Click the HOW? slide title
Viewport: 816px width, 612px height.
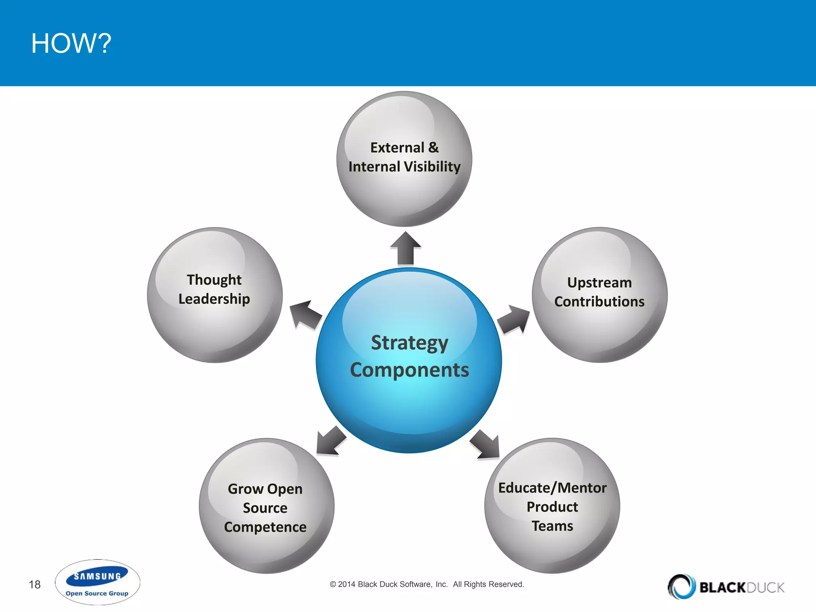pos(71,43)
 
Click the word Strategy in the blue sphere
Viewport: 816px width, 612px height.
pos(409,343)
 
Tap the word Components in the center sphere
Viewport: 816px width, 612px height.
pos(409,370)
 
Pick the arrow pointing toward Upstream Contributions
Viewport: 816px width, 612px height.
pos(514,320)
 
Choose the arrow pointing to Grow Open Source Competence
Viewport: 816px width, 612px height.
pos(330,441)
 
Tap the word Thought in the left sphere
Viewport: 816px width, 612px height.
pos(214,280)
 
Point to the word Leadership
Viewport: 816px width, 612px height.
pos(214,299)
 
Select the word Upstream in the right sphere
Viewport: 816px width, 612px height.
pos(599,282)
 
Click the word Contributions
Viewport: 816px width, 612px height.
pos(599,302)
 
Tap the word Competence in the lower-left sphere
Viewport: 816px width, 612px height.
pos(265,527)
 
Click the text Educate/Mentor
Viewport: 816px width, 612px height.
pos(552,488)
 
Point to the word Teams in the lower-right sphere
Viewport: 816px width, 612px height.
pos(552,526)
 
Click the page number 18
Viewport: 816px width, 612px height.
pos(35,585)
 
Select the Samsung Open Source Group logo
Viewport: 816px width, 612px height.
pos(97,582)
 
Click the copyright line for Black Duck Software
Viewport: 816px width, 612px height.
pos(427,584)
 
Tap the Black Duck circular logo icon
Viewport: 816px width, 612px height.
pos(681,586)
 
